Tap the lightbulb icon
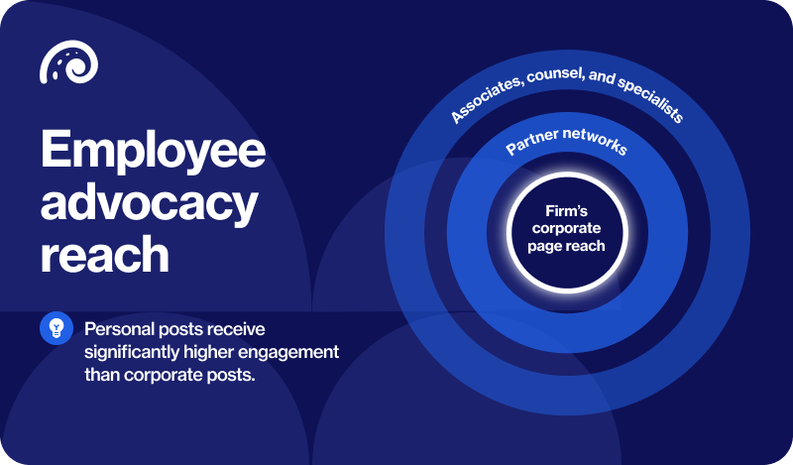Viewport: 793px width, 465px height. (x=57, y=328)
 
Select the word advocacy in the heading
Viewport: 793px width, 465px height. (x=149, y=203)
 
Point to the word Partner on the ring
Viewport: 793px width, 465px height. (x=530, y=145)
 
